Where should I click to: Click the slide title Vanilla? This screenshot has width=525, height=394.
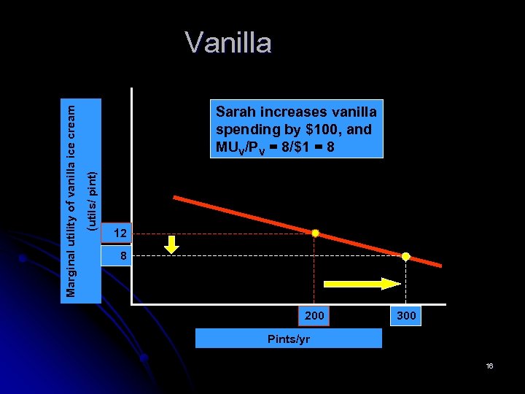click(228, 43)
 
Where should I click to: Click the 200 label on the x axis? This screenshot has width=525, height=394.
click(314, 316)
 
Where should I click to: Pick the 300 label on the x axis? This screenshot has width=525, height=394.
click(405, 316)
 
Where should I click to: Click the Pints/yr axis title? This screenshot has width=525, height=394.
click(289, 339)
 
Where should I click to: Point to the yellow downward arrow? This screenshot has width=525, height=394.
click(171, 244)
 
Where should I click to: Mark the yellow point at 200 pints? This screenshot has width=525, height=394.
click(315, 233)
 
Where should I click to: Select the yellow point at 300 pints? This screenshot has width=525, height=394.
click(406, 257)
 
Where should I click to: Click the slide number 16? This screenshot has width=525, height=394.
click(489, 366)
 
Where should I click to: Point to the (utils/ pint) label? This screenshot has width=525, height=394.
click(91, 201)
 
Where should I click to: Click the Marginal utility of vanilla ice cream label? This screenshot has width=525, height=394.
click(70, 201)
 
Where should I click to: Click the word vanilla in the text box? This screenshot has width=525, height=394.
click(354, 112)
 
